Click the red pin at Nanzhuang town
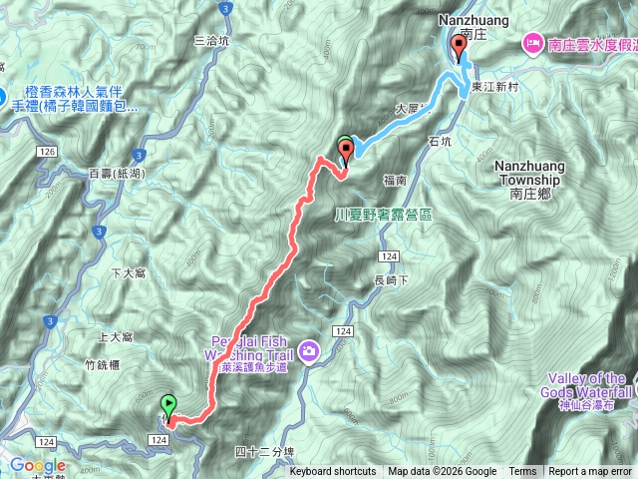(x=459, y=47)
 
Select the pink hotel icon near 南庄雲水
(x=531, y=44)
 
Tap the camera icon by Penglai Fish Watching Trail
(x=310, y=350)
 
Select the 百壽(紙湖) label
(x=115, y=173)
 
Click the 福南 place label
(x=394, y=182)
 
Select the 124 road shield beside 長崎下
(x=389, y=257)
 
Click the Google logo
(x=38, y=465)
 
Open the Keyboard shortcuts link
(x=333, y=472)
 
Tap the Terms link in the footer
(x=522, y=472)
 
